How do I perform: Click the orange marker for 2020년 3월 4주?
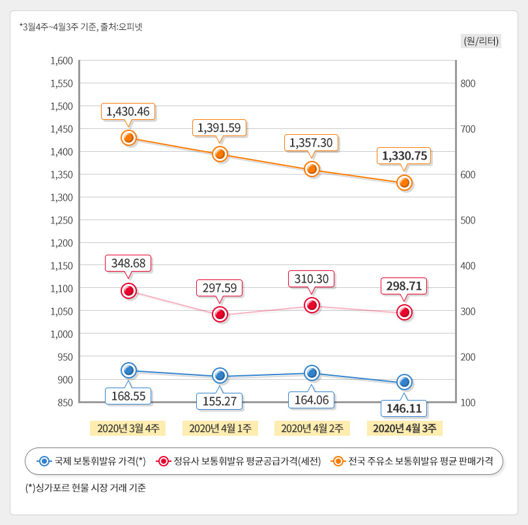click(x=128, y=137)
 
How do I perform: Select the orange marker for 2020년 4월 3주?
click(x=404, y=183)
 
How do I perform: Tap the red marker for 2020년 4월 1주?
click(x=220, y=315)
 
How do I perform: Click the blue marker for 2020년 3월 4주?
click(x=128, y=370)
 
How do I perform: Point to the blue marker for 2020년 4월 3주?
click(x=404, y=382)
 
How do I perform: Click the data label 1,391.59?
click(x=220, y=128)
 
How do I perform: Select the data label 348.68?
click(x=128, y=263)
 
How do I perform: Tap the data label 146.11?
click(x=404, y=408)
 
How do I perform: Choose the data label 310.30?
click(x=312, y=279)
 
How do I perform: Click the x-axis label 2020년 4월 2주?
click(x=312, y=428)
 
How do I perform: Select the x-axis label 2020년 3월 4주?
click(x=128, y=428)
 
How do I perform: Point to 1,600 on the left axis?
click(x=61, y=61)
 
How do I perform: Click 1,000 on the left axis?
click(x=61, y=333)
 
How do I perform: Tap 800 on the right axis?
click(x=469, y=83)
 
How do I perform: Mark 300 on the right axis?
click(x=469, y=311)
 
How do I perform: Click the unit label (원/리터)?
click(x=481, y=40)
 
